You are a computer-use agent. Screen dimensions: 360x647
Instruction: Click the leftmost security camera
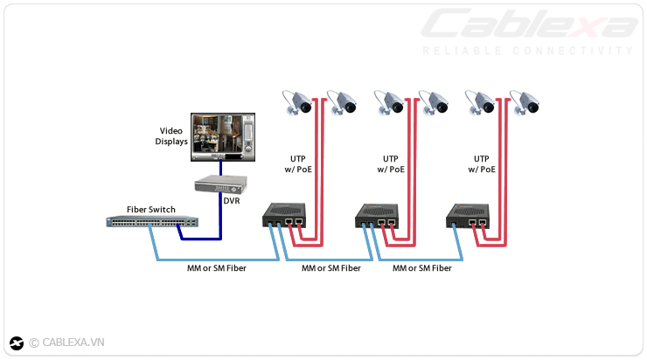(x=298, y=102)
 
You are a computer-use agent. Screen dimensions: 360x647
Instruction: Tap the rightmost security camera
(x=526, y=102)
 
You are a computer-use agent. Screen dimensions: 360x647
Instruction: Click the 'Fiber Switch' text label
(x=151, y=210)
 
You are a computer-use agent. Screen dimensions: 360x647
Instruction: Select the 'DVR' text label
(x=232, y=202)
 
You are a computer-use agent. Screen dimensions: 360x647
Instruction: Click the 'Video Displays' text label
(x=171, y=135)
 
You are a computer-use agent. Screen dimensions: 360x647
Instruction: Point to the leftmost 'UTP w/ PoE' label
(x=298, y=163)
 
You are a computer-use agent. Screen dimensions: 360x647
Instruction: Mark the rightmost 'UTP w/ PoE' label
(x=482, y=163)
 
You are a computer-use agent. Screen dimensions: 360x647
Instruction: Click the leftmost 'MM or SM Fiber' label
(x=216, y=268)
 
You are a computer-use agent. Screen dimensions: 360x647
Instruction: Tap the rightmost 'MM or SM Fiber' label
(x=422, y=268)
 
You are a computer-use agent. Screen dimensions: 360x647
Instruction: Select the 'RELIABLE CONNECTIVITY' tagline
(x=528, y=51)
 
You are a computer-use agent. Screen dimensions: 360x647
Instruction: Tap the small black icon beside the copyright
(x=17, y=343)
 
